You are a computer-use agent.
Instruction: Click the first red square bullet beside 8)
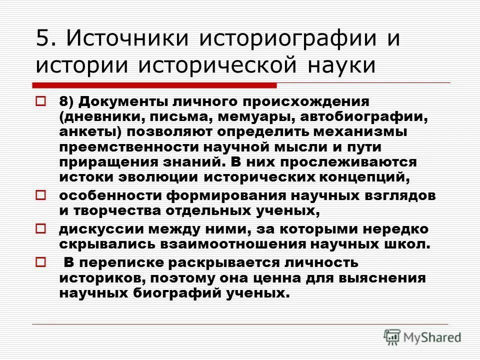click(41, 101)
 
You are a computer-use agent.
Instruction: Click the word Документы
click(126, 102)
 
